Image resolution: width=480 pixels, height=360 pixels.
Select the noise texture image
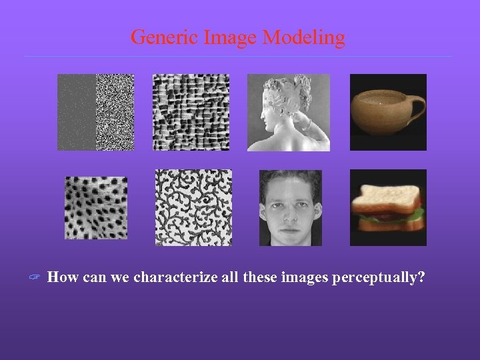click(95, 112)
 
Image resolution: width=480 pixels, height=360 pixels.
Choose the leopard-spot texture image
click(96, 208)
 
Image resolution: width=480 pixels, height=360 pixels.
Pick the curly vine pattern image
click(193, 207)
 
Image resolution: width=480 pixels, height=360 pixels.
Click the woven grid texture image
click(191, 112)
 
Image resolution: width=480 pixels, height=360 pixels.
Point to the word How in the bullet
click(63, 277)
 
